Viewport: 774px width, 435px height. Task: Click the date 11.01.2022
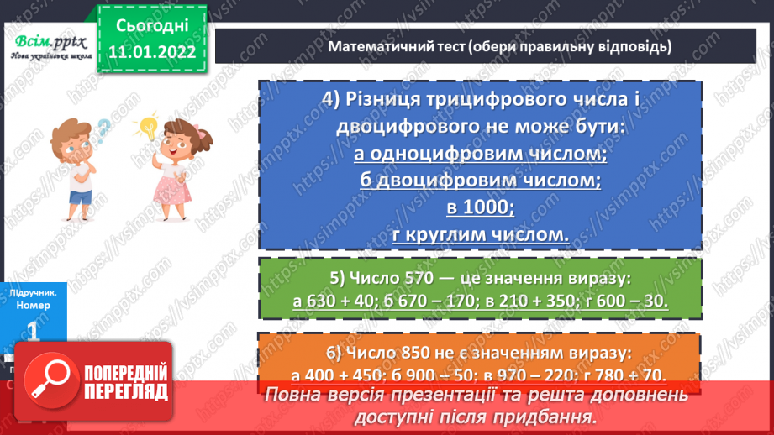point(151,52)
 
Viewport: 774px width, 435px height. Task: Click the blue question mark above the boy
point(103,130)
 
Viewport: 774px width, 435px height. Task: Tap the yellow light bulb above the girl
point(149,128)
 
